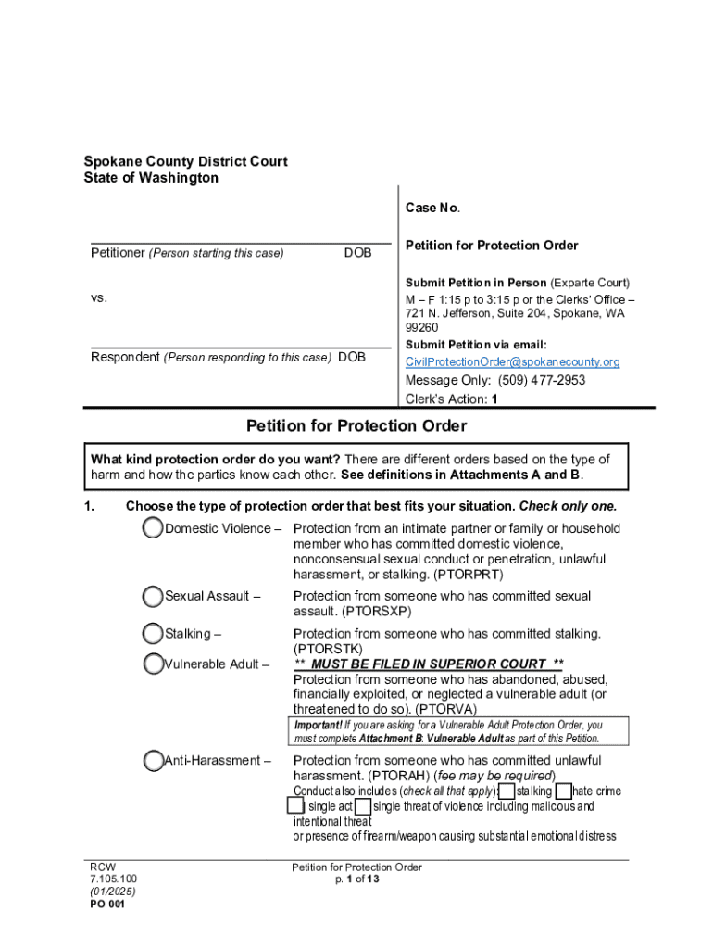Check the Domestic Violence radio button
point(154,528)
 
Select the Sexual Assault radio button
point(154,596)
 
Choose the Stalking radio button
point(154,634)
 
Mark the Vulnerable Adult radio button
point(154,664)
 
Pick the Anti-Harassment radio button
point(154,761)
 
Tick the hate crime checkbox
point(564,791)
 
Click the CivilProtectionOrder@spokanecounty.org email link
point(512,361)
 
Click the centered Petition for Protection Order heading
point(356,426)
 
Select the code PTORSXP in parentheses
point(376,612)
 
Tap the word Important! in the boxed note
point(318,725)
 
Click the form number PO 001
point(107,905)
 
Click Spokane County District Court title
point(185,161)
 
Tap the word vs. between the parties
point(99,298)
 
